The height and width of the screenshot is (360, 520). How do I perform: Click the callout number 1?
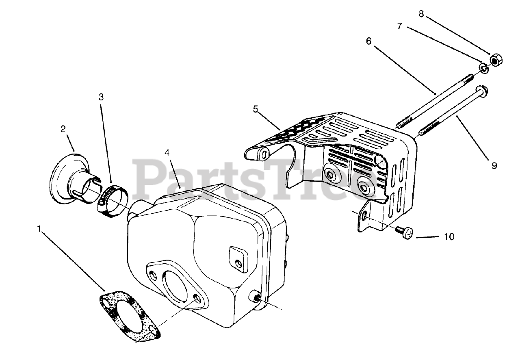tap(39, 229)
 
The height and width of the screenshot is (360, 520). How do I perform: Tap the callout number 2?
tap(63, 129)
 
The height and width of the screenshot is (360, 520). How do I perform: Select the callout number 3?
tap(101, 97)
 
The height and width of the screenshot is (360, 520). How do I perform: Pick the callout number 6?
tap(368, 41)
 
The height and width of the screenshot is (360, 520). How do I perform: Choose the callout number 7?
tap(399, 26)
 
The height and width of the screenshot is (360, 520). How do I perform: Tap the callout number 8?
tap(421, 14)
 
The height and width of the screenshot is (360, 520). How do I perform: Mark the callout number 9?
tap(494, 166)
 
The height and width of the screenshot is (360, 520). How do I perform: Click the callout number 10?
tap(449, 236)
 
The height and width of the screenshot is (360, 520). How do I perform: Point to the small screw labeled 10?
tap(405, 233)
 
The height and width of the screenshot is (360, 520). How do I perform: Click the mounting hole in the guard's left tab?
tap(264, 155)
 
